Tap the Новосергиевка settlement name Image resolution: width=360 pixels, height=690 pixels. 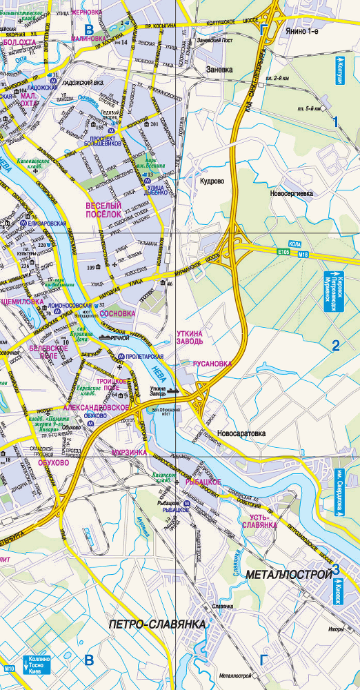coord(292,194)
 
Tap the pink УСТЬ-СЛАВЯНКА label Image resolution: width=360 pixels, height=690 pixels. coord(259,520)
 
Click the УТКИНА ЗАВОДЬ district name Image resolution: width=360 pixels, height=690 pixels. coord(189,337)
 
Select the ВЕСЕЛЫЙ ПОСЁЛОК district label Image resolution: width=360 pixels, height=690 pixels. coord(103,210)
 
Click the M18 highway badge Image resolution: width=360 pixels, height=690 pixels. coord(302,255)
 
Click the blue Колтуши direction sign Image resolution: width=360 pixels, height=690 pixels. coord(339,71)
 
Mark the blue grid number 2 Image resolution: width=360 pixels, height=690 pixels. coord(336,346)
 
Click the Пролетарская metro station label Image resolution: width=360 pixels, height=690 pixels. coord(144,356)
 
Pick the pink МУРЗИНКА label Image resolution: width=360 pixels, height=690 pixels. coord(129,452)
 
